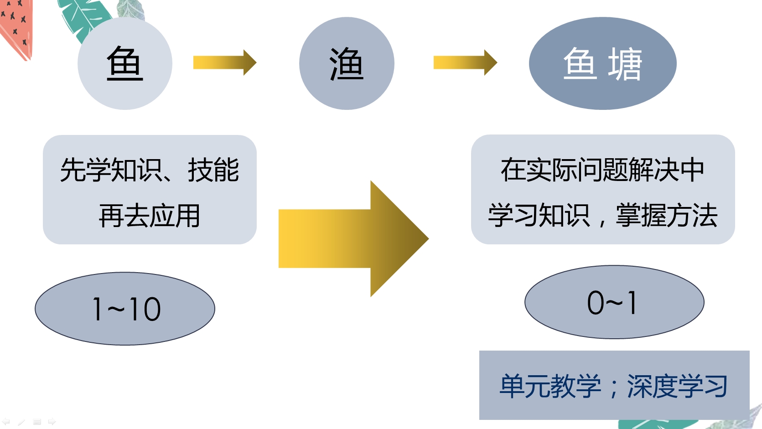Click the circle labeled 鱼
[124, 63]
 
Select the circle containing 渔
[347, 63]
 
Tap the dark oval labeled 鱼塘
[602, 63]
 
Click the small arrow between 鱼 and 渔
[224, 62]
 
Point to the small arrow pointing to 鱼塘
[465, 62]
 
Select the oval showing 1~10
[125, 309]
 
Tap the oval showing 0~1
[614, 302]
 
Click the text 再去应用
[150, 216]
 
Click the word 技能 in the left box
[213, 170]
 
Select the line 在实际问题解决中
[602, 170]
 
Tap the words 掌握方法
[667, 216]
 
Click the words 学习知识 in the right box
[539, 216]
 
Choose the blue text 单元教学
[550, 387]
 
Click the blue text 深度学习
[677, 387]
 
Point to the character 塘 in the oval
[625, 64]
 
